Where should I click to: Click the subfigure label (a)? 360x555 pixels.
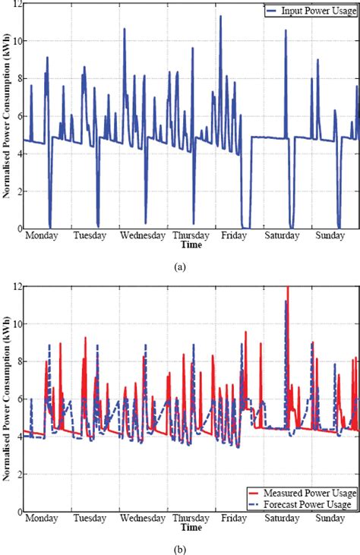pos(180,266)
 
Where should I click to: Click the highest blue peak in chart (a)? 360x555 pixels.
pos(221,16)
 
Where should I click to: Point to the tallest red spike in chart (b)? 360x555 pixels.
pos(288,288)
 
